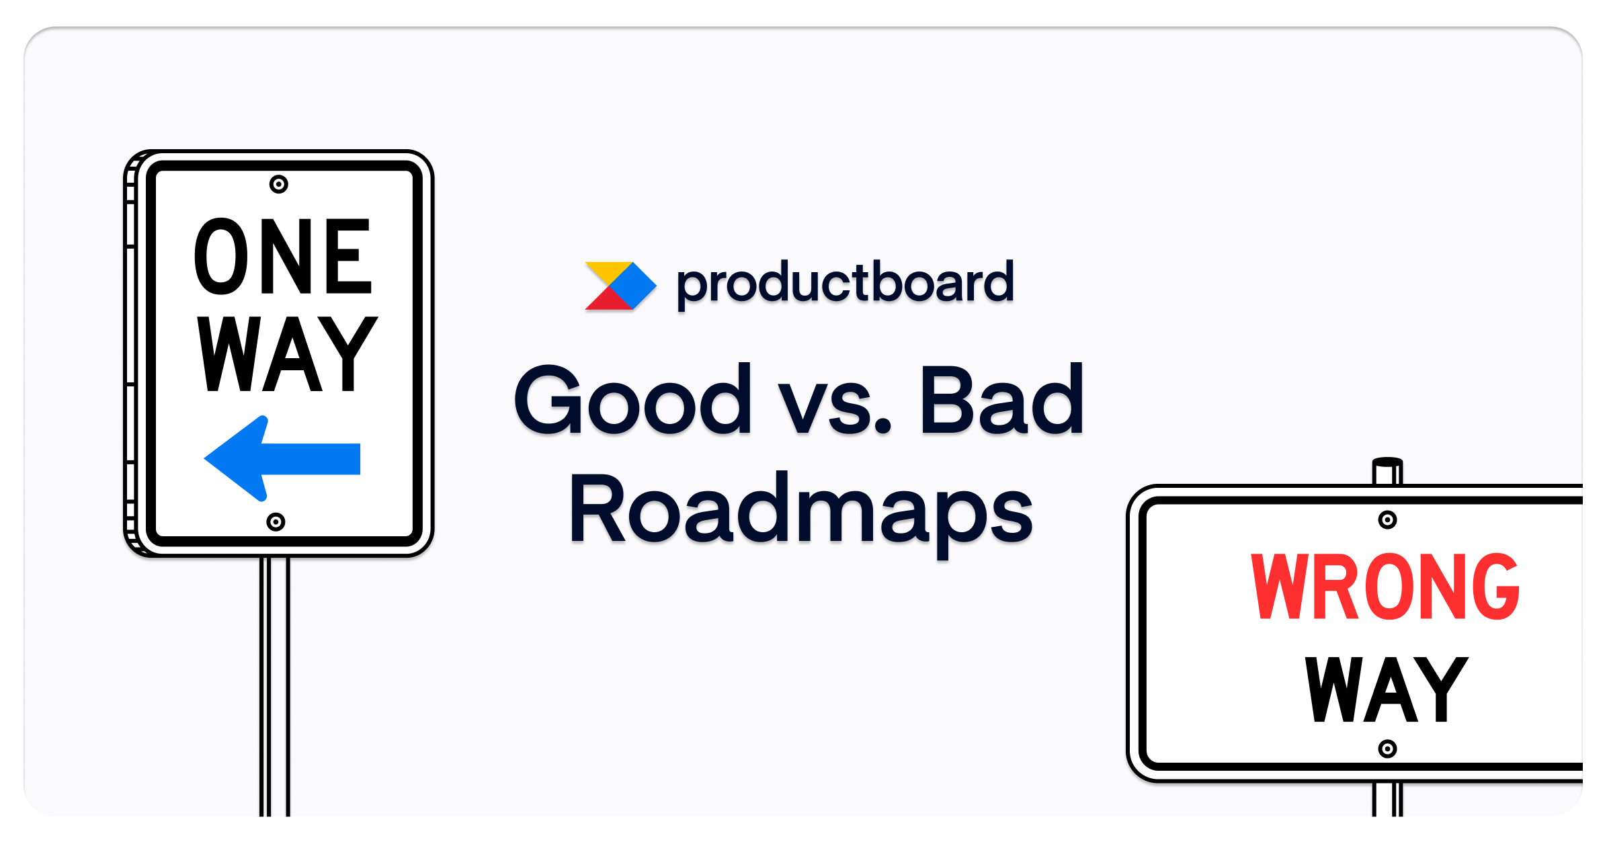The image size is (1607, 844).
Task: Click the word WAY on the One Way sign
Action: [287, 354]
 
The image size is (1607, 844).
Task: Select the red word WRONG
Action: [1384, 586]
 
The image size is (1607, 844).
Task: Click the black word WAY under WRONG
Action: [1386, 690]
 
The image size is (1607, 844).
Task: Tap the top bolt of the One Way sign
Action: [279, 184]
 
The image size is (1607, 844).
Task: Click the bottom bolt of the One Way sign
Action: [276, 521]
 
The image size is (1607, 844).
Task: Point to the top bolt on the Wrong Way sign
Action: [1387, 519]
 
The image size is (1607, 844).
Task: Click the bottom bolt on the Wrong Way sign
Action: [1387, 749]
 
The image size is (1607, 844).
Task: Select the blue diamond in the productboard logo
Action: [632, 286]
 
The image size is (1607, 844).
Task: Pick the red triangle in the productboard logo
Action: [608, 300]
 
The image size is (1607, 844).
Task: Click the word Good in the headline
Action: [632, 400]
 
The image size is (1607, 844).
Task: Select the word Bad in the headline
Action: [1001, 400]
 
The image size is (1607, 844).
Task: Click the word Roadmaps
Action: [800, 511]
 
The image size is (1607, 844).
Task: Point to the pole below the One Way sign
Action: [275, 685]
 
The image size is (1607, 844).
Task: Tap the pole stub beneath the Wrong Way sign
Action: [1387, 800]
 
